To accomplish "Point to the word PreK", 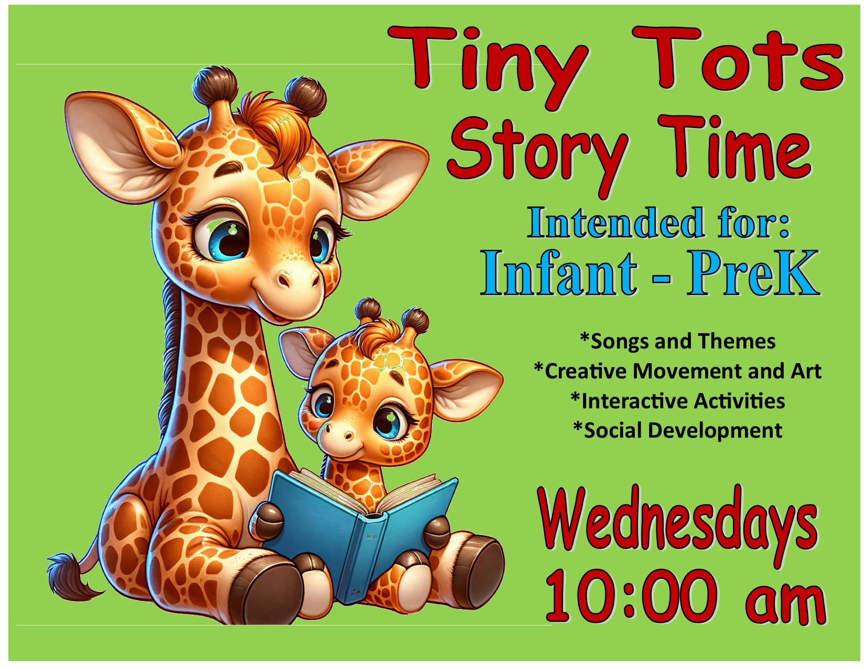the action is tap(753, 273).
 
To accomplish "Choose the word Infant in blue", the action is tap(559, 273).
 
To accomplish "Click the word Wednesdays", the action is tap(677, 525).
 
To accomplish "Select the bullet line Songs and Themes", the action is tap(677, 342).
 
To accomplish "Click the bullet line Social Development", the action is tap(677, 430).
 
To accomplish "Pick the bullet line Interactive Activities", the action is tap(677, 401).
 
